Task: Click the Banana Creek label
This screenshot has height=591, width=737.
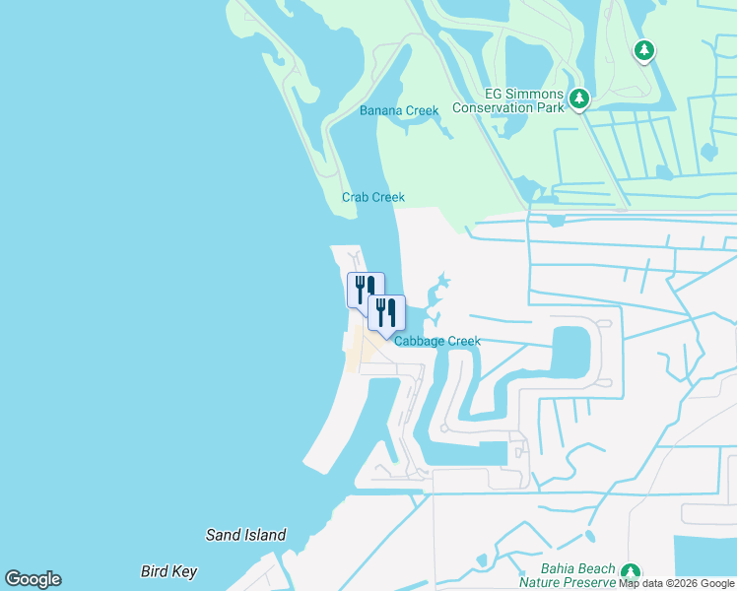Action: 399,110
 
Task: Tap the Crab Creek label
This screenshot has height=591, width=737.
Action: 373,197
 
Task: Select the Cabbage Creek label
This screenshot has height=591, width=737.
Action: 437,342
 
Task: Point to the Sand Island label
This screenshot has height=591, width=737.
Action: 245,536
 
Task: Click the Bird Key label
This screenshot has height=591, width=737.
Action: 168,571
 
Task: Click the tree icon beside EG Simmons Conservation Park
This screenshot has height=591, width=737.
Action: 579,98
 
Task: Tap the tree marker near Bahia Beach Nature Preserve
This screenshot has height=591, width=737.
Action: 631,572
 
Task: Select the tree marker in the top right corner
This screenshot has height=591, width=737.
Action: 644,49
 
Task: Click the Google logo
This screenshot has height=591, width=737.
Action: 33,579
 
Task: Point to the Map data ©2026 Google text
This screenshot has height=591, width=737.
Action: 677,583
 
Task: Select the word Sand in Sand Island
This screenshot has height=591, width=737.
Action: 223,536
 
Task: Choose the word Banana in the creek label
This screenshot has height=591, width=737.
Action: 381,110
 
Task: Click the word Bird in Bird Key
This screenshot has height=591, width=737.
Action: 155,571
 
